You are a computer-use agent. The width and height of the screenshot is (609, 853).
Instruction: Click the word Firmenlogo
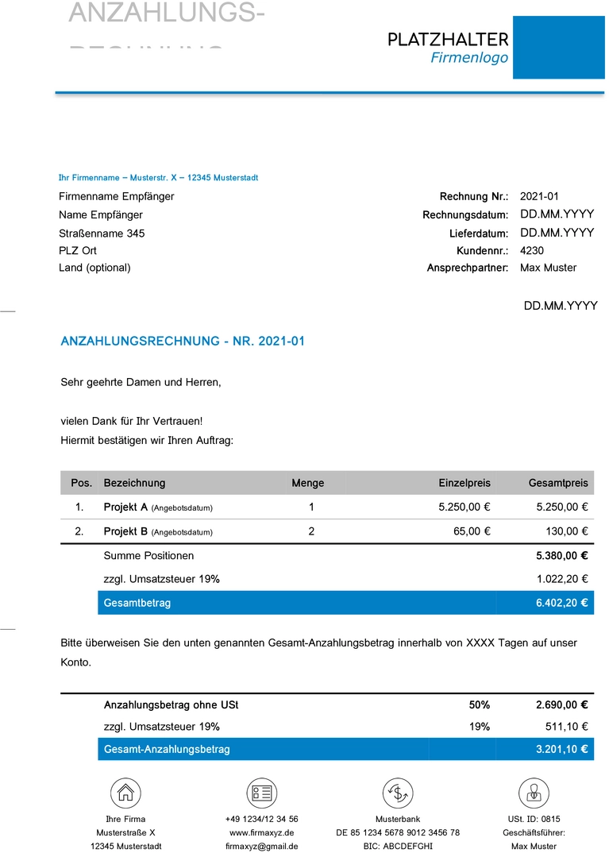(469, 58)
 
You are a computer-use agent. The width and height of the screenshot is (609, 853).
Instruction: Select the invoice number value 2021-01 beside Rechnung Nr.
(540, 196)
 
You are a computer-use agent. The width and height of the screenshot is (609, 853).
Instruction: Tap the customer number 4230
(532, 250)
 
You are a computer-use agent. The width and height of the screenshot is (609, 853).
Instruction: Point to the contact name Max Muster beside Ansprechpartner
(549, 268)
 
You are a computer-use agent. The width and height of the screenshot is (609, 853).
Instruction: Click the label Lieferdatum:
(478, 234)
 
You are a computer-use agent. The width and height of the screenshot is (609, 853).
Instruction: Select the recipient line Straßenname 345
(102, 234)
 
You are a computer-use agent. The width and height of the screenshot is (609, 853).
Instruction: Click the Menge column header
(308, 483)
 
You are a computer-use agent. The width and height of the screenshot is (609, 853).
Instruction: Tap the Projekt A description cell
(158, 507)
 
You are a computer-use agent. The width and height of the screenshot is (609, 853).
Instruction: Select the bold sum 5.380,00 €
(562, 556)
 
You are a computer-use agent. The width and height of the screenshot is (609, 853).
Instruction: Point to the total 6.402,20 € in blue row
(562, 603)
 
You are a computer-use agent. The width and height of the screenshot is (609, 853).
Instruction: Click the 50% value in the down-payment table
(480, 704)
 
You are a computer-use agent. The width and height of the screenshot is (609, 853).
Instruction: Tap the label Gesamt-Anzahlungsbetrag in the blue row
(167, 749)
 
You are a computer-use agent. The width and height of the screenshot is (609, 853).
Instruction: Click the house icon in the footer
(125, 793)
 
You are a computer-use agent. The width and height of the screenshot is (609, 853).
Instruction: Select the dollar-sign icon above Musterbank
(397, 793)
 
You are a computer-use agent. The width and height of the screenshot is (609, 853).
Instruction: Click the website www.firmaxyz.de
(261, 832)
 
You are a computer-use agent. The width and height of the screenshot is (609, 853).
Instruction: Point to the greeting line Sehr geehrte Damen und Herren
(141, 382)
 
